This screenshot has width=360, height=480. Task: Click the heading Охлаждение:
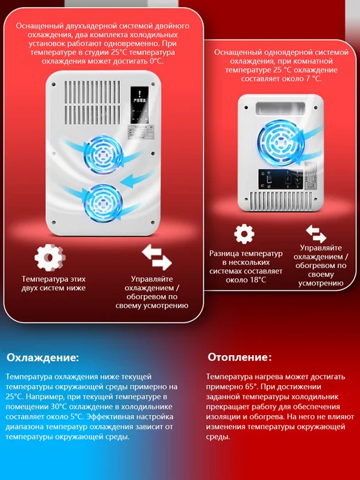[x=43, y=357]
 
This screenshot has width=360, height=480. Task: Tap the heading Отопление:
[x=240, y=357]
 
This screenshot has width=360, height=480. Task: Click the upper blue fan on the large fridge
[x=103, y=155]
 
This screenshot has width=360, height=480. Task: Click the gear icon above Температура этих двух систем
[x=50, y=257]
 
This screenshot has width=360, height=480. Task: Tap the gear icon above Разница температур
[x=244, y=234]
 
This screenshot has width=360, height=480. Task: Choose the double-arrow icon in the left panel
[x=156, y=257]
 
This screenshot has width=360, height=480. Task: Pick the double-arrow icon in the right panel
[x=316, y=234]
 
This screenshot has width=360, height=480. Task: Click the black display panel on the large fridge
[x=140, y=105]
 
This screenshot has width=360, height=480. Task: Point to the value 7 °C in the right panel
[x=312, y=79]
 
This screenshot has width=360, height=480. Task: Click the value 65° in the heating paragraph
[x=246, y=387]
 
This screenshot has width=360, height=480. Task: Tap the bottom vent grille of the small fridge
[x=280, y=201]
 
